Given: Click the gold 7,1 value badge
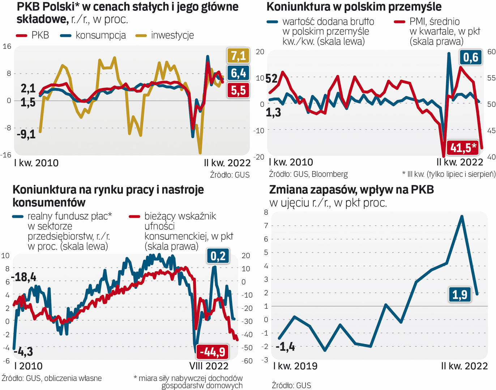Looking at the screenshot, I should tap(238, 56).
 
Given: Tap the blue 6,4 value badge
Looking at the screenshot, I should tap(238, 73).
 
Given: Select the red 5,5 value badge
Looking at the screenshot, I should tap(238, 90).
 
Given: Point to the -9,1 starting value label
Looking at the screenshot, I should tap(26, 134).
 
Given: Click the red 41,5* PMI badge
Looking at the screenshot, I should tap(462, 147).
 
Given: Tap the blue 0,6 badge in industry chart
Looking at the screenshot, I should tap(470, 57).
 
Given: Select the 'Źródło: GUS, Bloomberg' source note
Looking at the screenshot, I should tap(308, 174).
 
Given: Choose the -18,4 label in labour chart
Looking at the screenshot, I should tap(24, 277).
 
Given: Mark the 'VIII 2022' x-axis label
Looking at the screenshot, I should tap(209, 366).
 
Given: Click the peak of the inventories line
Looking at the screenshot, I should tap(462, 216).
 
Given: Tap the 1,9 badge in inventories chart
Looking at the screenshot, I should tap(459, 295).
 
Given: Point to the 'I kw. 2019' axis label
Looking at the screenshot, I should tap(295, 366).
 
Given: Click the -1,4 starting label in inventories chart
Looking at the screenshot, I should tap(285, 347).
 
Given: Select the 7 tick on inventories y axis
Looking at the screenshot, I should tap(266, 226).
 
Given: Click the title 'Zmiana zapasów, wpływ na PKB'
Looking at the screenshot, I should tap(351, 190).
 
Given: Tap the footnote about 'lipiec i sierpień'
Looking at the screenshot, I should tap(448, 174).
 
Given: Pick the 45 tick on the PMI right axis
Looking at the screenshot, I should tap(491, 130).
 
